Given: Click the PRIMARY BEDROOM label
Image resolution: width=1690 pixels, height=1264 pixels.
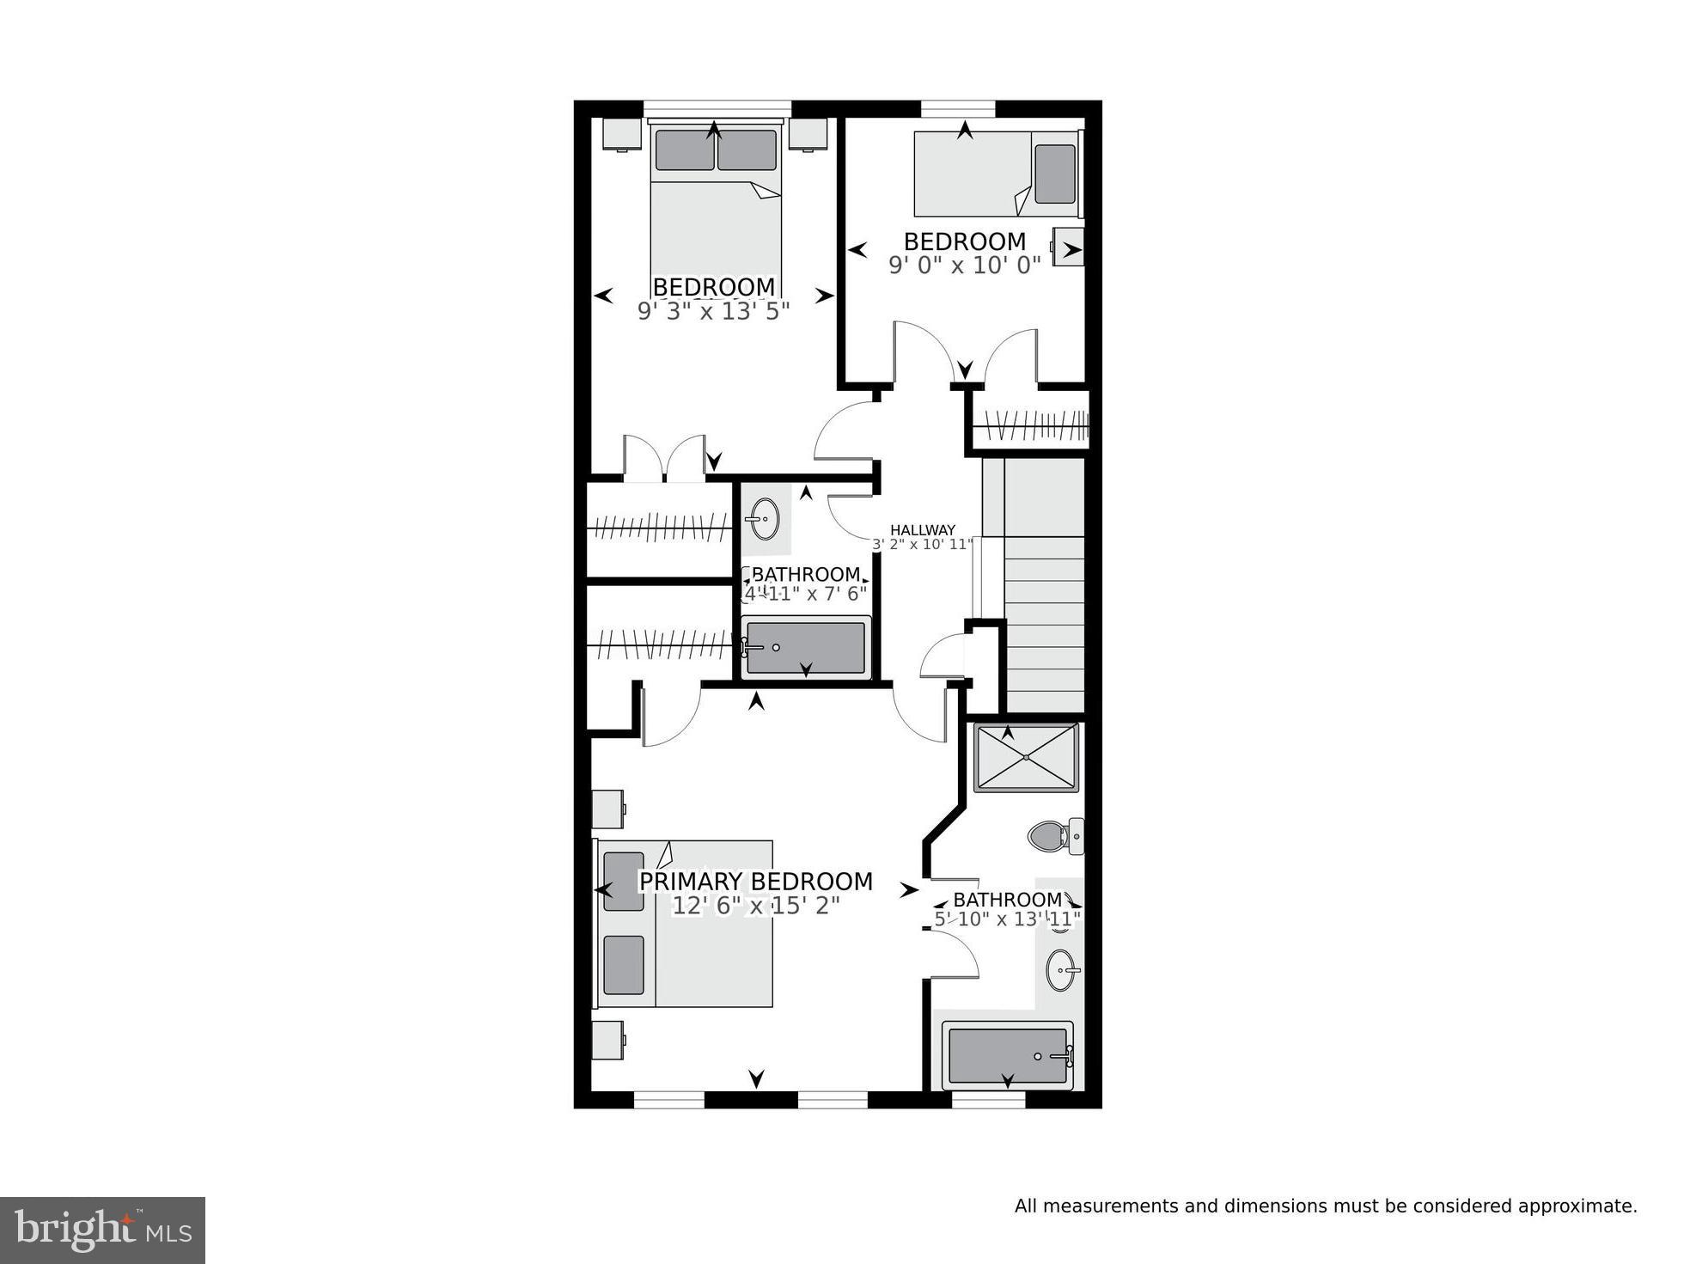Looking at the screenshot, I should click(x=755, y=882).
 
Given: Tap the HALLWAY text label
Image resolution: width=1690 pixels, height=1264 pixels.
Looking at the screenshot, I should click(x=922, y=530).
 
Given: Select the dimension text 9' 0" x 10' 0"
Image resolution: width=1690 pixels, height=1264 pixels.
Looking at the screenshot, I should click(x=964, y=265).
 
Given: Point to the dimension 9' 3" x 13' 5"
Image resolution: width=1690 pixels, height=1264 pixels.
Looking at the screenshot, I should click(x=713, y=311).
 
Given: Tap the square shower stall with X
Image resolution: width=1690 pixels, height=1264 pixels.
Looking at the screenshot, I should click(x=1026, y=757).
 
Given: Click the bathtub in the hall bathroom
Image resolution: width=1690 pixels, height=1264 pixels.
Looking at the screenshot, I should click(x=805, y=648).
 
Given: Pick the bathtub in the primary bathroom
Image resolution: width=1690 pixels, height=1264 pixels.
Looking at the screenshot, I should click(x=1007, y=1055).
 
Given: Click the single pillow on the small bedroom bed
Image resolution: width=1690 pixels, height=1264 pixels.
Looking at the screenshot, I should click(x=1054, y=174).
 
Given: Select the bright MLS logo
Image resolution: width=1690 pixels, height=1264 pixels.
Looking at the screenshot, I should click(x=102, y=1230).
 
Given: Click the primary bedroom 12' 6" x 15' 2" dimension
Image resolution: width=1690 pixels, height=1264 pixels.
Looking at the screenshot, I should click(x=755, y=906).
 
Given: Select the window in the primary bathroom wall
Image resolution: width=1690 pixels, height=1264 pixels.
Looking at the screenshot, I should click(x=988, y=1099).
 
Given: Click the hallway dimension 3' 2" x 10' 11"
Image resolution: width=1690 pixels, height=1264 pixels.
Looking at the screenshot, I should click(x=922, y=544).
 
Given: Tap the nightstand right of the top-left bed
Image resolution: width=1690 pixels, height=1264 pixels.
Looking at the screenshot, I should click(x=808, y=134).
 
